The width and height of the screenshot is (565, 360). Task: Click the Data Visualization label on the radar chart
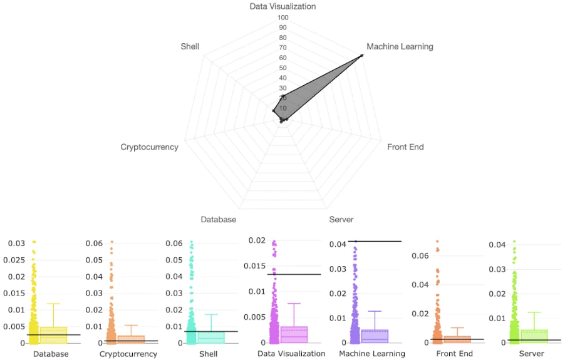pyautogui.click(x=282, y=6)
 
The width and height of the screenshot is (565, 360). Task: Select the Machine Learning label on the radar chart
pyautogui.click(x=400, y=46)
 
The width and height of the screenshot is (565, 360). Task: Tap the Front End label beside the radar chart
pyautogui.click(x=405, y=147)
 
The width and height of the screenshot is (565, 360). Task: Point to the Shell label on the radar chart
pyautogui.click(x=190, y=46)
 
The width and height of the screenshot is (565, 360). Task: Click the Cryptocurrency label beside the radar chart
pyautogui.click(x=149, y=147)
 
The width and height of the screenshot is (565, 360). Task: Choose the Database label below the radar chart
pyautogui.click(x=219, y=220)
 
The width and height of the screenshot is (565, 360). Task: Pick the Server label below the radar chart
pyautogui.click(x=341, y=220)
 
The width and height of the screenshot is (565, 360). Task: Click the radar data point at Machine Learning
pyautogui.click(x=362, y=56)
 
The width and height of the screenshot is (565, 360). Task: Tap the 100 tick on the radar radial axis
pyautogui.click(x=282, y=18)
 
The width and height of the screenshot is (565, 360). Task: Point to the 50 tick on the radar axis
pyautogui.click(x=282, y=68)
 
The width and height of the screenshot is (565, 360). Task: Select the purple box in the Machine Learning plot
pyautogui.click(x=375, y=336)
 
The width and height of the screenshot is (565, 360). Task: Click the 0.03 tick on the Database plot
pyautogui.click(x=16, y=243)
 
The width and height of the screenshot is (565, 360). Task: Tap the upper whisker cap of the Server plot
pyautogui.click(x=534, y=312)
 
